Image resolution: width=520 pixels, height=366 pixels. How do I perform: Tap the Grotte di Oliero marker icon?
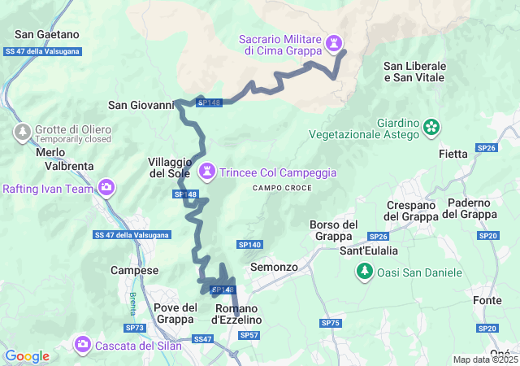point(22,131)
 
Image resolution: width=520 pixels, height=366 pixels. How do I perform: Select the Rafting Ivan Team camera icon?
point(106,189)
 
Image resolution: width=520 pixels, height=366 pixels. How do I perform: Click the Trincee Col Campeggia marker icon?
point(208,172)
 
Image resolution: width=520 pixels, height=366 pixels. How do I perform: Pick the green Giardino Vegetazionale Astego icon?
point(432,126)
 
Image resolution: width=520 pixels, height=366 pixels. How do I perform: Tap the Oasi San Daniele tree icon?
point(365,271)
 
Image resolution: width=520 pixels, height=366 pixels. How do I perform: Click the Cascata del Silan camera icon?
point(82,344)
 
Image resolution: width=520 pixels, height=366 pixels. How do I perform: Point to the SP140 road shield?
point(249,244)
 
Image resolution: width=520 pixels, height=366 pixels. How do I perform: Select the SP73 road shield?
point(136,328)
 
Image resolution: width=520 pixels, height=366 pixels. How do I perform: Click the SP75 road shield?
point(330,323)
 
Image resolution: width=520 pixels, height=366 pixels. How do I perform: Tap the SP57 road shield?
point(249,334)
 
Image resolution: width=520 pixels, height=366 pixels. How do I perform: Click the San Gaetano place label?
point(47,34)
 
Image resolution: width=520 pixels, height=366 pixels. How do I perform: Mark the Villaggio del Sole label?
point(170,167)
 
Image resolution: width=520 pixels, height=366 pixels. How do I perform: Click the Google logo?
point(27,356)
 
